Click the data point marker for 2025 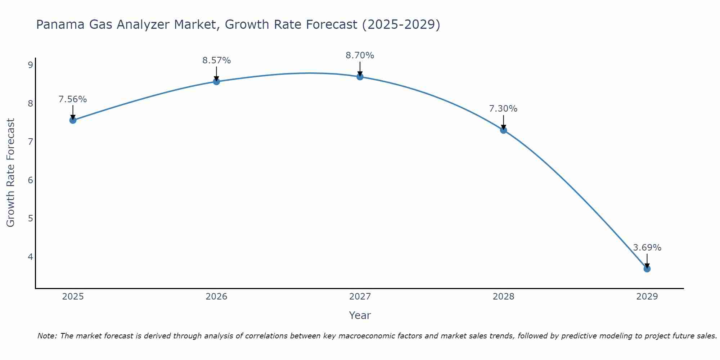73,120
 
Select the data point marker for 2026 216,82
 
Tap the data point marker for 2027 360,77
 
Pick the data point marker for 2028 504,130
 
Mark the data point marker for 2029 647,269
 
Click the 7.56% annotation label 73,99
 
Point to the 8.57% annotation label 216,60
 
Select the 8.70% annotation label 360,55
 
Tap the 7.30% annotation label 503,109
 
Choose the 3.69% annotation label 647,248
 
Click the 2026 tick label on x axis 216,297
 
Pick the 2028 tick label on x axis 504,297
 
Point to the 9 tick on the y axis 30,65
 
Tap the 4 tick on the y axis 30,257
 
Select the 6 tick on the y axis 30,180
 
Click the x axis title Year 360,315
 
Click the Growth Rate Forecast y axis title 11,173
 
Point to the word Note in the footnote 47,336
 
